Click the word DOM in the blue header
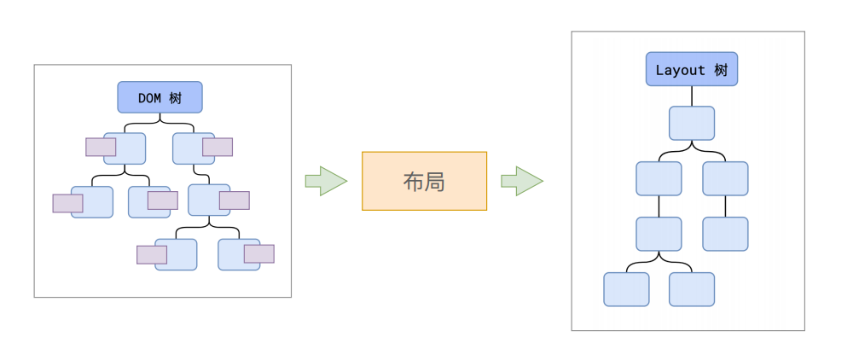149,98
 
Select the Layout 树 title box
691,69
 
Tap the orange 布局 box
424,181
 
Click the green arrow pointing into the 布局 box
325,181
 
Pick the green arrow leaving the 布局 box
521,181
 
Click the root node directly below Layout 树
691,123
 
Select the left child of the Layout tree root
659,178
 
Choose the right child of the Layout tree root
725,178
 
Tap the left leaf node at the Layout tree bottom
626,289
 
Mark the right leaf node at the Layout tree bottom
691,289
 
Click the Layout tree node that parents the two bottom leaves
659,234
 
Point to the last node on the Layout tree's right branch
725,234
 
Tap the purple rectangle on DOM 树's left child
101,147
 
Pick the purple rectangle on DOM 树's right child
218,148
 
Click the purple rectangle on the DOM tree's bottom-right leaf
259,253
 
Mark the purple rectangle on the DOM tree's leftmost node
67,203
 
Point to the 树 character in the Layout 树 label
722,70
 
